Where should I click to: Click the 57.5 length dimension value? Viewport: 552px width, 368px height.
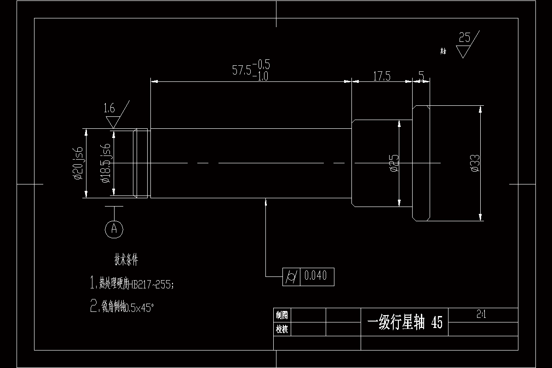pyautogui.click(x=242, y=70)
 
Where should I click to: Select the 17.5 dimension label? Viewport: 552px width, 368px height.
pyautogui.click(x=381, y=76)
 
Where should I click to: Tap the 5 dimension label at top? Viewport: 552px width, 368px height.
pyautogui.click(x=421, y=75)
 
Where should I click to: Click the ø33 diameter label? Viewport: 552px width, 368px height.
pyautogui.click(x=475, y=163)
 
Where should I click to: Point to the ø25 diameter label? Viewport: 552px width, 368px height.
pyautogui.click(x=394, y=163)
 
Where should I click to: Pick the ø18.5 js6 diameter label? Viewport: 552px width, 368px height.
pyautogui.click(x=106, y=163)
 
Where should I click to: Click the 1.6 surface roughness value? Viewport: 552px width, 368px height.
pyautogui.click(x=109, y=109)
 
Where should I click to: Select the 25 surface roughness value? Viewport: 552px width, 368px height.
pyautogui.click(x=465, y=38)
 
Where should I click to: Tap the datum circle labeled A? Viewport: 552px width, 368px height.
pyautogui.click(x=114, y=228)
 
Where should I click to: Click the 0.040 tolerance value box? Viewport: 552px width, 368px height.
pyautogui.click(x=316, y=276)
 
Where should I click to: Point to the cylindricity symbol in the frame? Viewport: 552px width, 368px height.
pyautogui.click(x=291, y=276)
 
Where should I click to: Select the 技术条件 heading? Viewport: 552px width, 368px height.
pyautogui.click(x=126, y=260)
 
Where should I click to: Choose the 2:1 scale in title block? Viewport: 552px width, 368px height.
pyautogui.click(x=482, y=315)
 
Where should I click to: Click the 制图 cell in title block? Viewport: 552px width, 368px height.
pyautogui.click(x=282, y=315)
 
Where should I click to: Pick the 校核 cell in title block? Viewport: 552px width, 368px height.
pyautogui.click(x=282, y=329)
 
